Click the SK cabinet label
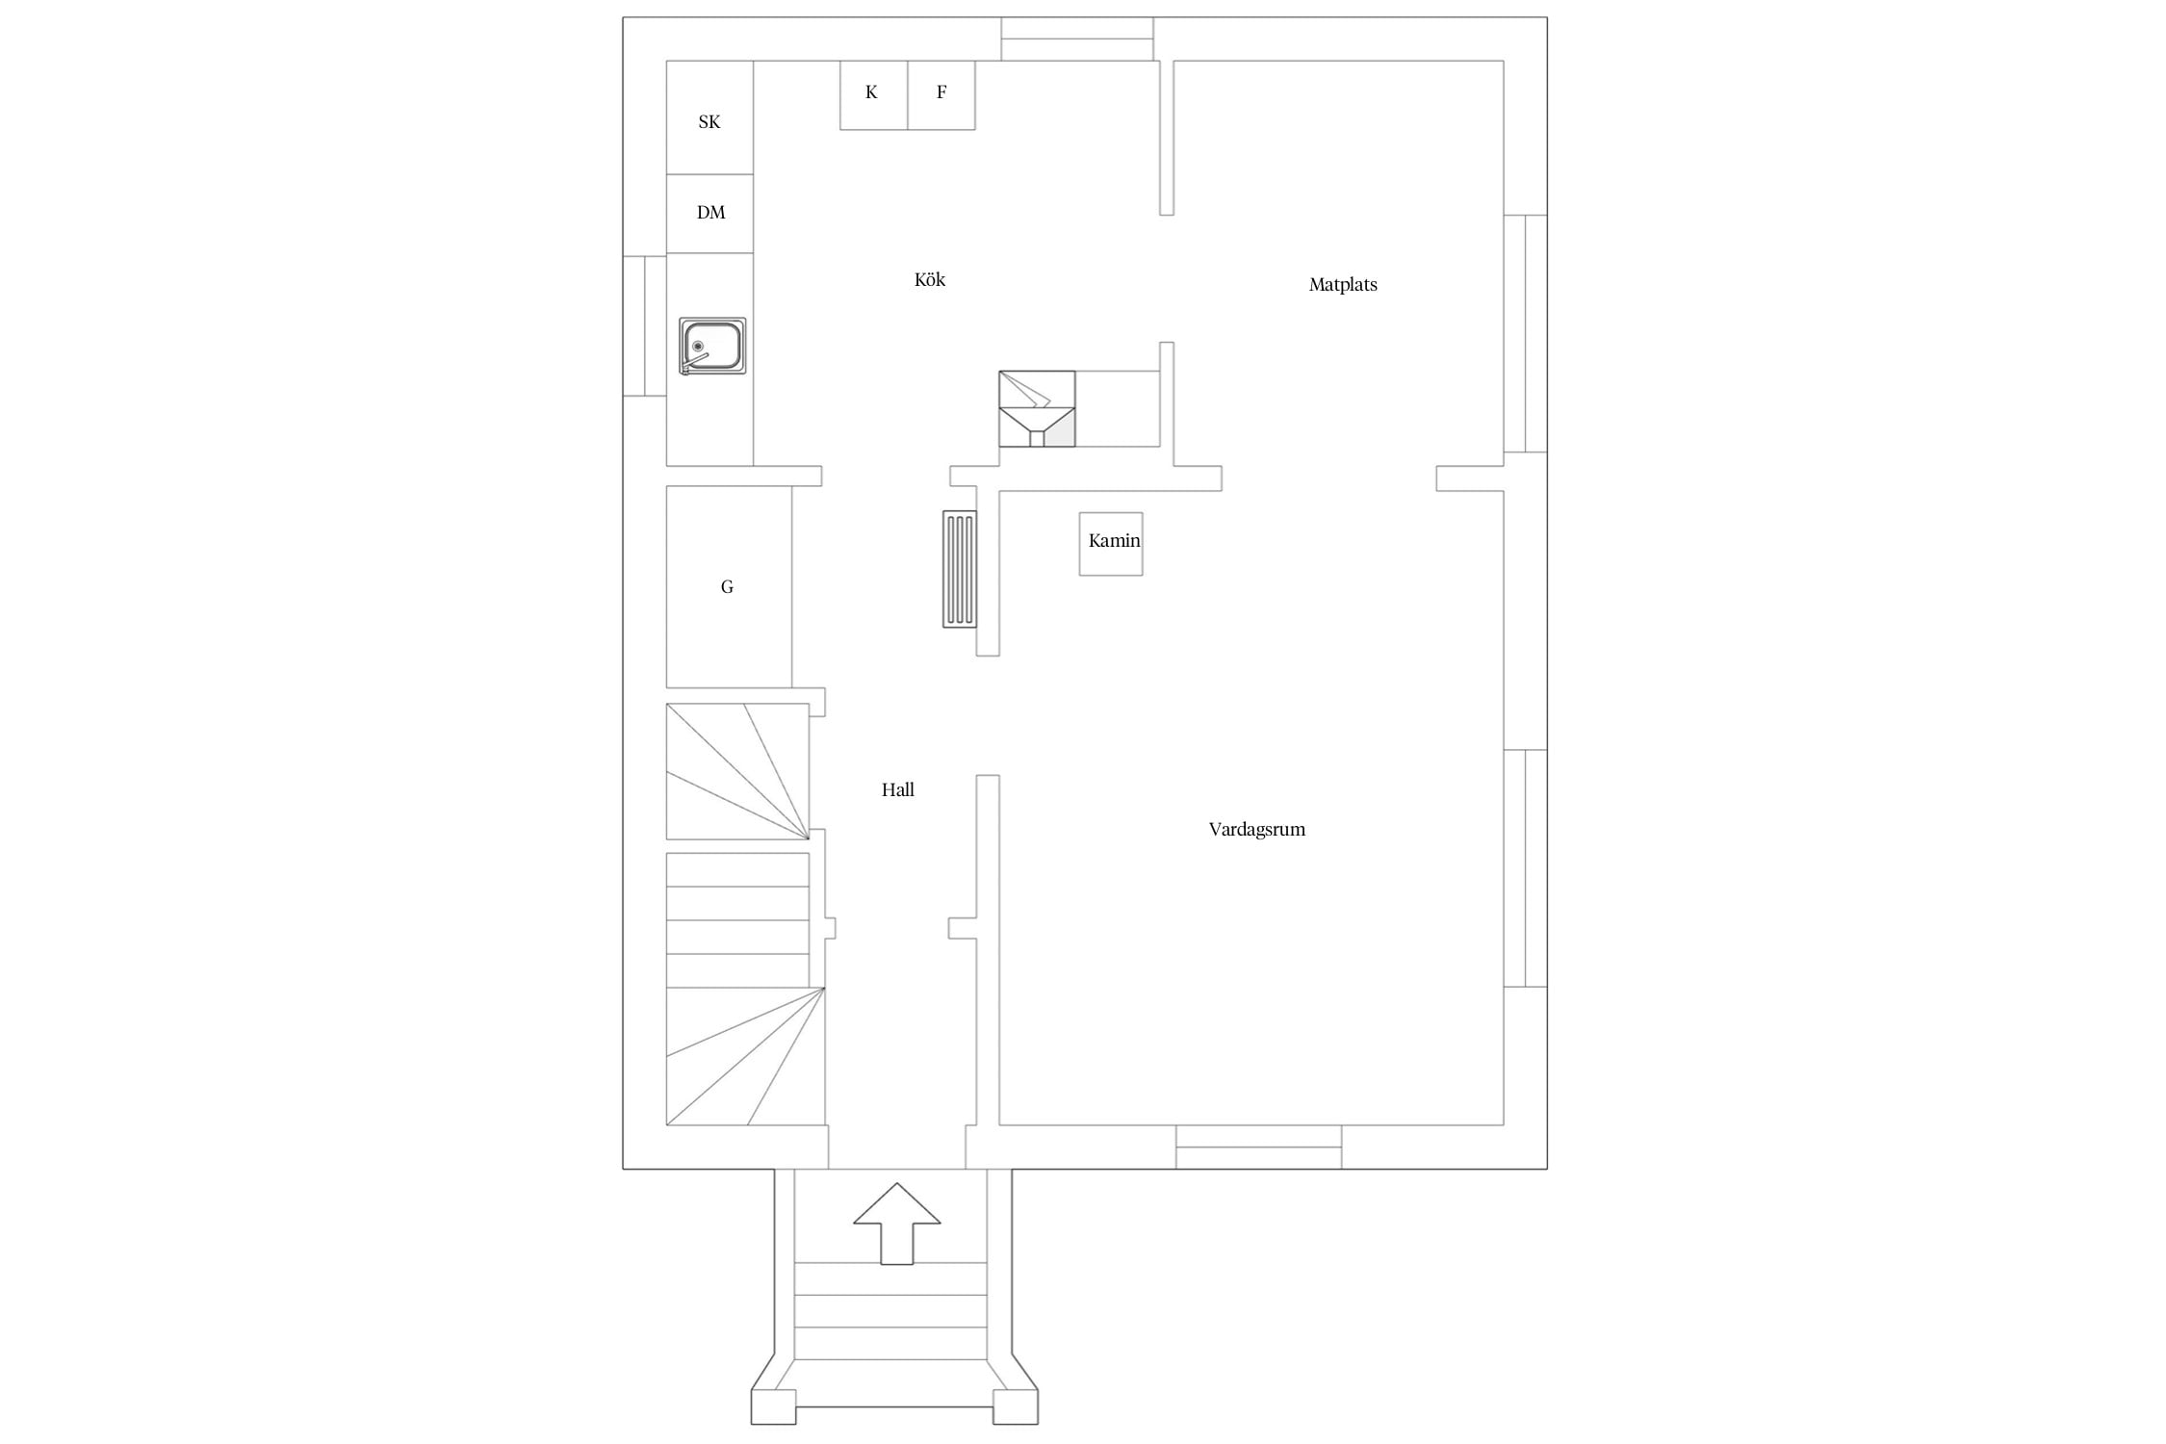click(x=709, y=122)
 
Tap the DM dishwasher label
click(x=711, y=213)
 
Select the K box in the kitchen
click(x=874, y=95)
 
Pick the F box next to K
click(x=941, y=95)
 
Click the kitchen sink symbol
click(x=712, y=346)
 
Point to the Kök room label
click(x=930, y=280)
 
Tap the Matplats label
click(x=1343, y=285)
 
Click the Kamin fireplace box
click(x=1111, y=544)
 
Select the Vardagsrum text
click(x=1257, y=830)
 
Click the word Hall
click(x=898, y=790)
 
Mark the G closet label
click(x=727, y=587)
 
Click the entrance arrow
click(x=897, y=1224)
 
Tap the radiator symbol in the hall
click(x=960, y=569)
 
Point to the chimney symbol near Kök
click(x=1037, y=409)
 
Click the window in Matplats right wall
click(x=1526, y=333)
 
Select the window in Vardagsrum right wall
click(x=1526, y=868)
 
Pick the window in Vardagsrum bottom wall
click(x=1259, y=1147)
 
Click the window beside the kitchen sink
click(x=645, y=326)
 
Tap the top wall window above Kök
click(x=1077, y=39)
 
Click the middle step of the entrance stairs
click(x=890, y=1311)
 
